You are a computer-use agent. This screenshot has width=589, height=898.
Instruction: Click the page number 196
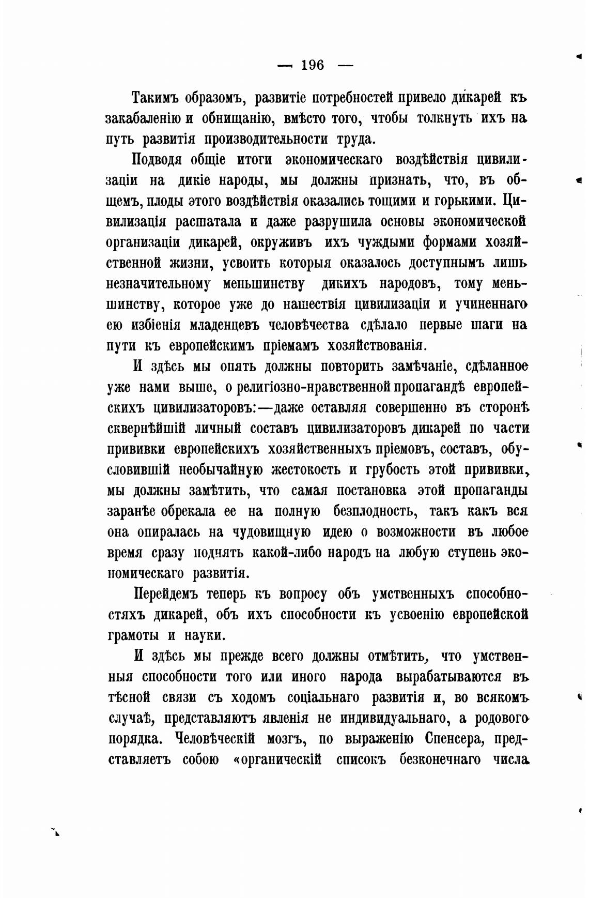(312, 65)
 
